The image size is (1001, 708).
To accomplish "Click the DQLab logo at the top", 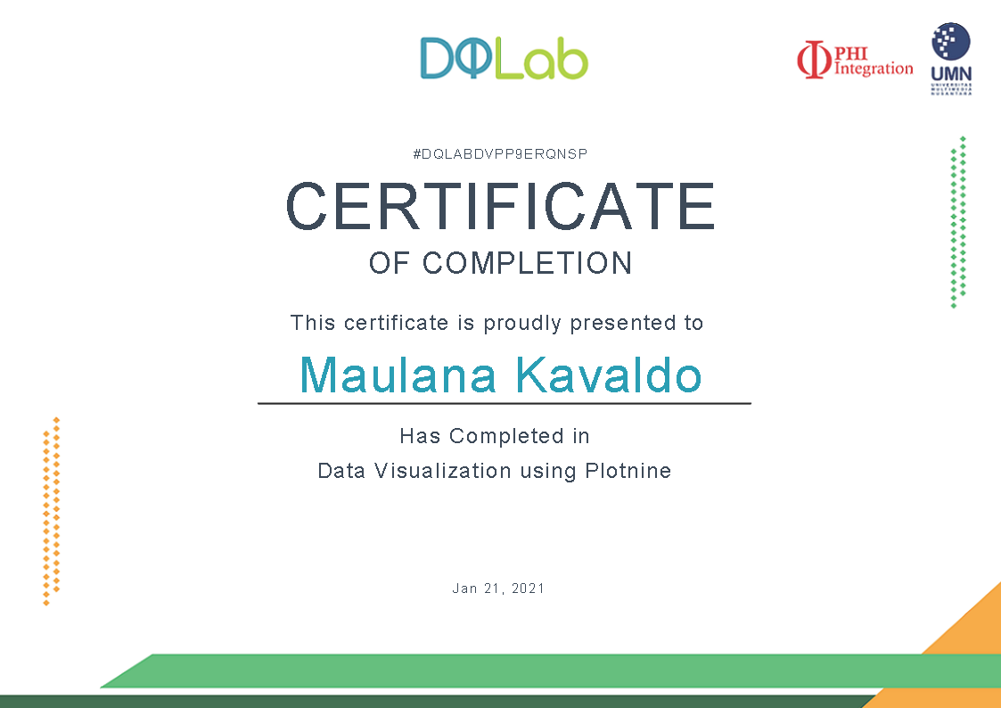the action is point(504,58).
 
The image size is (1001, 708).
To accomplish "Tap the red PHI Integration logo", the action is point(855,60).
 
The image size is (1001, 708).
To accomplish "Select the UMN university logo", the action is point(951,59).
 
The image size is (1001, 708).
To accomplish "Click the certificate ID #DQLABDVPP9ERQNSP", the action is point(500,154).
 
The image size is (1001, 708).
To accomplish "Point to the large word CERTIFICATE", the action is point(500,206).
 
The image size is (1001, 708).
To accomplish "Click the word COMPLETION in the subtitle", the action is point(528,263).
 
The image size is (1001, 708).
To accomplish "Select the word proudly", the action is point(522,323).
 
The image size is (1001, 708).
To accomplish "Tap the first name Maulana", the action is point(398,375).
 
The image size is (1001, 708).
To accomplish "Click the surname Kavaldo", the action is point(609,375).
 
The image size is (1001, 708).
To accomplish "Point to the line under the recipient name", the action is point(505,403).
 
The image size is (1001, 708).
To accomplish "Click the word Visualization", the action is point(443,471).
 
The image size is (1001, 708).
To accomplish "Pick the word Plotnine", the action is point(628,471).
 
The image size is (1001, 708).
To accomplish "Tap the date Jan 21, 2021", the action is point(498,588).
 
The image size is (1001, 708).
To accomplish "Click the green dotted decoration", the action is point(958,222).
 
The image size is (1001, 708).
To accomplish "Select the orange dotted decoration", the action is point(51,511).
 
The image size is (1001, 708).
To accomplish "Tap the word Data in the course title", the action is point(341,471).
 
